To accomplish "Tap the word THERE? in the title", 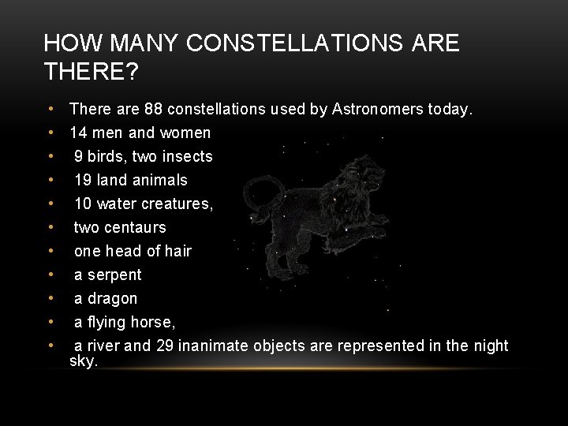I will tap(92, 73).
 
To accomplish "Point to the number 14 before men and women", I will tap(78, 133).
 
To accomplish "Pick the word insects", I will tap(189, 156).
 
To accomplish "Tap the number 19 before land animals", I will tap(83, 180).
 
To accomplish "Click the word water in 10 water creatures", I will tap(117, 204).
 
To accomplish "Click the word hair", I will tap(177, 251).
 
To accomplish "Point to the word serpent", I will tap(115, 275).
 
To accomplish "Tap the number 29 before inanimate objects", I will tap(164, 346).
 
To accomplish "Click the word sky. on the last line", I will tap(84, 361).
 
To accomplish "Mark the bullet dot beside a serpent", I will tap(50, 275).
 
